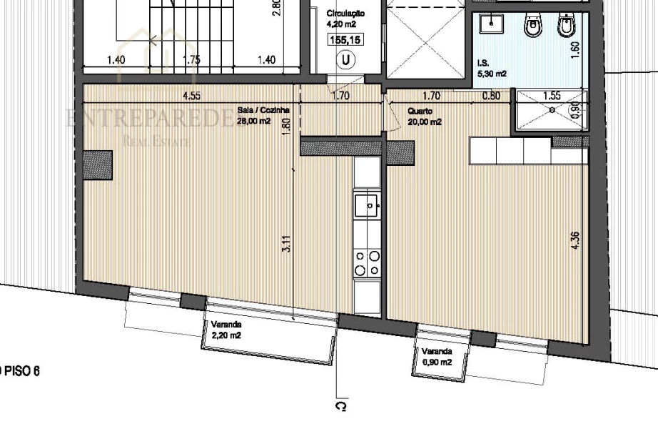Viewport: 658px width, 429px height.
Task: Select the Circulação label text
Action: (345, 14)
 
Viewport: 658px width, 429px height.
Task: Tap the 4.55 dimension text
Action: (191, 95)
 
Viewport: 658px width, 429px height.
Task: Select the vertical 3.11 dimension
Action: (285, 254)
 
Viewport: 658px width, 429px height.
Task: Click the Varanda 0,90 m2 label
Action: (436, 357)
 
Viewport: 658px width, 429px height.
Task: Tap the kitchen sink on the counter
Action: (368, 205)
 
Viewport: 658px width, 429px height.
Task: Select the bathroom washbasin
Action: (492, 25)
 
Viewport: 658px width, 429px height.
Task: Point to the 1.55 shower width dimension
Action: (552, 95)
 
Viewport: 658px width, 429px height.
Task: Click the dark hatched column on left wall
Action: (97, 165)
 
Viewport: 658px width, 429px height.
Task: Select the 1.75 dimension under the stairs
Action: (191, 60)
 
